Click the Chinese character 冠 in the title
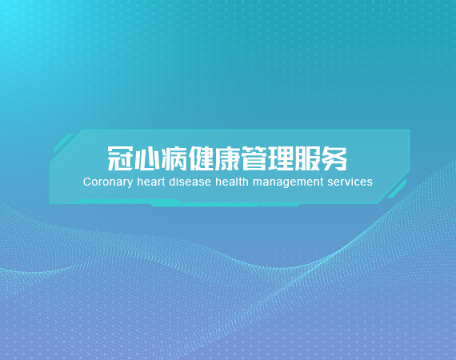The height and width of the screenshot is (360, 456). (x=120, y=158)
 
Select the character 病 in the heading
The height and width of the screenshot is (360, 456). (x=174, y=158)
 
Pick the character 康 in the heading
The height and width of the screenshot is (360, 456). (x=227, y=158)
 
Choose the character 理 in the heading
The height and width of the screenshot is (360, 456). (x=281, y=158)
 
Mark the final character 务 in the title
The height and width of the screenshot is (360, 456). (x=334, y=158)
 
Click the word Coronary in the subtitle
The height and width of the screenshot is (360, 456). (x=108, y=182)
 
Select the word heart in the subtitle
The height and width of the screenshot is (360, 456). (x=151, y=182)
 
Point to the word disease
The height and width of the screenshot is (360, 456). (x=190, y=182)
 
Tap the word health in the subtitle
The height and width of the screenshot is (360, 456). (x=232, y=182)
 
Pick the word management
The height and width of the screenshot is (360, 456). (x=288, y=182)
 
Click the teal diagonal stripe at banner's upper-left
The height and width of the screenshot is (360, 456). (x=63, y=143)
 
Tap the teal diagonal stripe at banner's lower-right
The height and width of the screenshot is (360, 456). (x=397, y=189)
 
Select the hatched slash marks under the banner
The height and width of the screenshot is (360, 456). (x=279, y=206)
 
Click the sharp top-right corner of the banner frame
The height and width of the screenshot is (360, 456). (x=410, y=130)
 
